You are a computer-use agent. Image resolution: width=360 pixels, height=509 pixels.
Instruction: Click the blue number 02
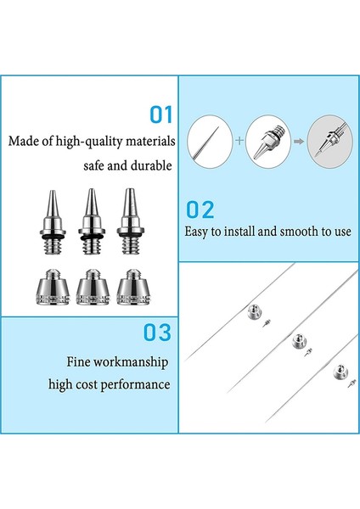click(x=200, y=210)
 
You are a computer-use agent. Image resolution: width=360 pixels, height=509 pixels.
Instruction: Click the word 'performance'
click(x=138, y=385)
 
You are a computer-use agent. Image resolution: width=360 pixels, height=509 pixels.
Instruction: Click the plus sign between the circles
click(x=239, y=136)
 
